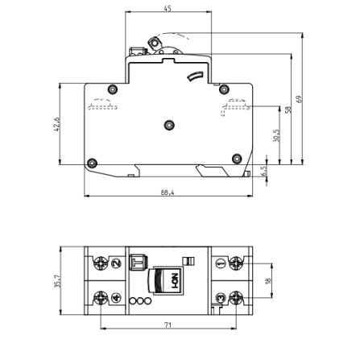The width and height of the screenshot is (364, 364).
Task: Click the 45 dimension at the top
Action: tap(168, 8)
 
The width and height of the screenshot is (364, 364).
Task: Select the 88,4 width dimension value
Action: tap(168, 191)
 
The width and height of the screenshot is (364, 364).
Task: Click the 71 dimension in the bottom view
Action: tap(168, 324)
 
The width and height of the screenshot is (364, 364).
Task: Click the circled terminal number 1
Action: tap(220, 263)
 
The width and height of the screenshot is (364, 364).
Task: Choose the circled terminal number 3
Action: tap(220, 298)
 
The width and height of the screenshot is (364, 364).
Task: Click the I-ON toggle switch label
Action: tap(171, 281)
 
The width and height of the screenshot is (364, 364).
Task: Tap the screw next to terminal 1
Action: tap(237, 263)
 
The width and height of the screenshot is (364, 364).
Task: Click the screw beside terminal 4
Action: tap(100, 298)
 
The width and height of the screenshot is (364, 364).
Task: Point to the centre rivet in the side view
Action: tap(168, 124)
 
